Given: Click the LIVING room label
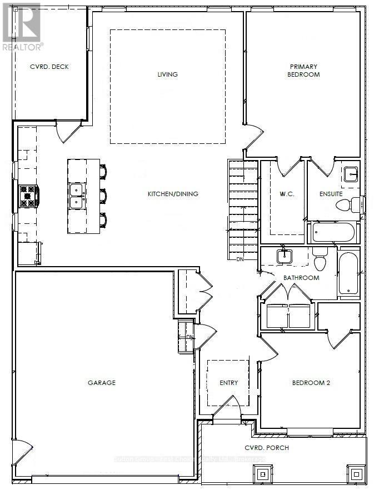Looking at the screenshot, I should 167,74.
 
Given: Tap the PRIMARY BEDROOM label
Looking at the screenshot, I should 304,71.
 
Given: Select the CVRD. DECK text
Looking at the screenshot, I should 49,67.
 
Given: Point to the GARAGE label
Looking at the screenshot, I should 102,382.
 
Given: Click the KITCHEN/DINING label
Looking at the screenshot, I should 173,194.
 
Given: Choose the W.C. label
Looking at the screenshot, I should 286,194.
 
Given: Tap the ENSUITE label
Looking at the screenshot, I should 331,194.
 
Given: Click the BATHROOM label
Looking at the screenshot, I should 301,277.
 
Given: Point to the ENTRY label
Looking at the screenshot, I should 228,382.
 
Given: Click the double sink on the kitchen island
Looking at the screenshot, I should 77,196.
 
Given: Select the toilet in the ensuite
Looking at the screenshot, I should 345,205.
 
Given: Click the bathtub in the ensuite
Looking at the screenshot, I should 333,232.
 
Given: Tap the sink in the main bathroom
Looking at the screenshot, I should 285,257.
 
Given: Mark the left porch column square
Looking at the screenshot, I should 262,473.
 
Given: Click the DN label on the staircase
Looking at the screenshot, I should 240,259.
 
